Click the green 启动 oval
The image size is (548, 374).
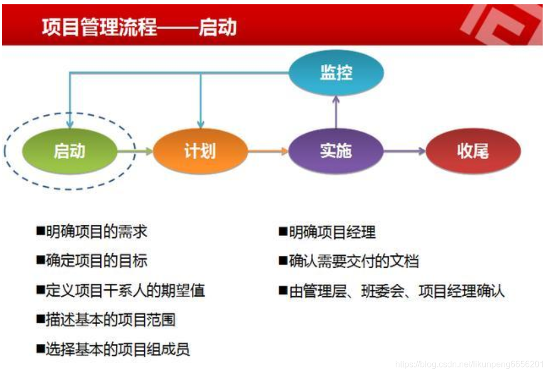69,151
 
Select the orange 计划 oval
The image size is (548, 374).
200,151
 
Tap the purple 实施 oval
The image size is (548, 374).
336,151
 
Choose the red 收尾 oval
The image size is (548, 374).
472,151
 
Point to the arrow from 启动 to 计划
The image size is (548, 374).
135,151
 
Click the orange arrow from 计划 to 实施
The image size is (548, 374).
268,151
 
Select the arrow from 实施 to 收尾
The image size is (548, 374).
404,151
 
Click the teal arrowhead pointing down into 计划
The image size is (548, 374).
201,124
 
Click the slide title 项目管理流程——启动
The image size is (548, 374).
139,26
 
